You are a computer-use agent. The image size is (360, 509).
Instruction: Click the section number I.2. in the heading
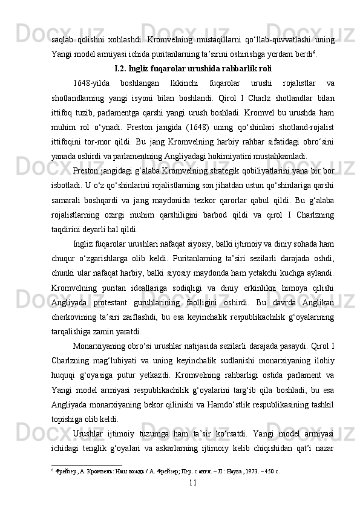(x=122, y=67)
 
